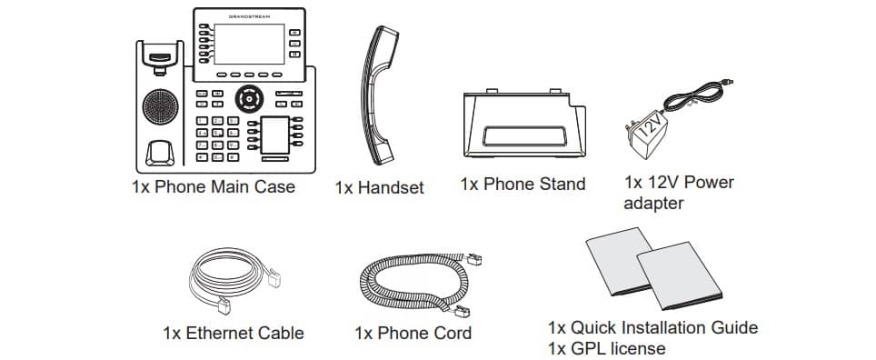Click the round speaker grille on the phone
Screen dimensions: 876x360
pyautogui.click(x=160, y=106)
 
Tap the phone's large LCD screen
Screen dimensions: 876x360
pyautogui.click(x=249, y=45)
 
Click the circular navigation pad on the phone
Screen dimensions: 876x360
pyautogui.click(x=249, y=99)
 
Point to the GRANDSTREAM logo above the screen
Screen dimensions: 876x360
pyautogui.click(x=249, y=16)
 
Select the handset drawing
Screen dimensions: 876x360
pyautogui.click(x=379, y=95)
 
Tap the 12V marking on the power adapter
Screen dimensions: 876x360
pyautogui.click(x=649, y=126)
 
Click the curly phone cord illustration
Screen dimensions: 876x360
pyautogui.click(x=420, y=284)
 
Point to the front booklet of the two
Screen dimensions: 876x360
pyautogui.click(x=680, y=275)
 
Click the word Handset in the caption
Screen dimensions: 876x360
pyautogui.click(x=391, y=188)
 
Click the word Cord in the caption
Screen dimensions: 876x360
pyautogui.click(x=452, y=334)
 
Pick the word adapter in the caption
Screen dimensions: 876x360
pyautogui.click(x=653, y=204)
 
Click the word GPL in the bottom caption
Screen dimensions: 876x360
pyautogui.click(x=588, y=349)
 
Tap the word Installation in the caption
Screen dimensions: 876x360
pyautogui.click(x=662, y=327)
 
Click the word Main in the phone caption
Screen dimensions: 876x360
pyautogui.click(x=230, y=186)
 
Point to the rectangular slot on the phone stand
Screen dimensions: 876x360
pyautogui.click(x=524, y=135)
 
